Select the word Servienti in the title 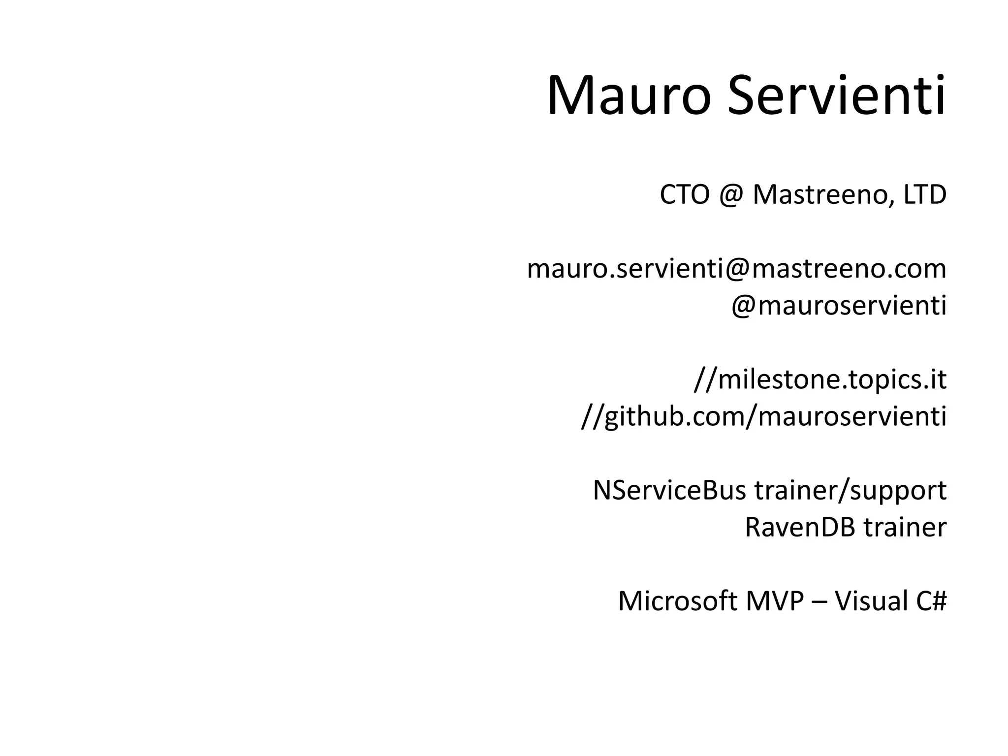[x=836, y=96]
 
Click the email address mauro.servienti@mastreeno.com [x=736, y=269]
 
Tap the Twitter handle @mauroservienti [x=839, y=306]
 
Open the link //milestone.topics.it [x=820, y=379]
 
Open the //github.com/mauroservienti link [x=763, y=417]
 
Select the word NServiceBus [x=669, y=490]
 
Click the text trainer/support [x=850, y=491]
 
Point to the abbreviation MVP [x=775, y=601]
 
